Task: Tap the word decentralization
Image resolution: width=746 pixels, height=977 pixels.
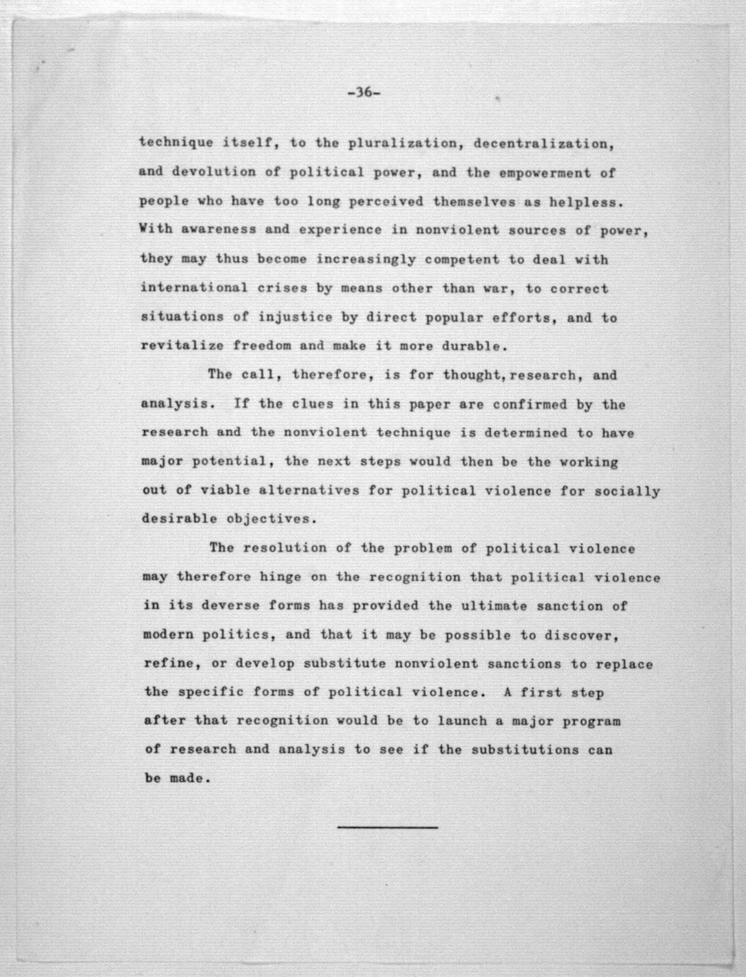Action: click(544, 144)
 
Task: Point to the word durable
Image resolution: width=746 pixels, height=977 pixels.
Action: click(474, 346)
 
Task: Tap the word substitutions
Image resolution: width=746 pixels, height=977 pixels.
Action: click(525, 750)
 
